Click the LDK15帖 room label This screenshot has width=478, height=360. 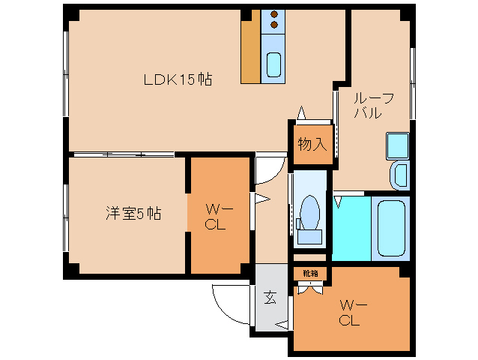pos(178,79)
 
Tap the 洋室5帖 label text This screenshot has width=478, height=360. pos(133,213)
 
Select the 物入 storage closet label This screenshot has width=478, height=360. pos(312,144)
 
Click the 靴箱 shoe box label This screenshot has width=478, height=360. pos(310,273)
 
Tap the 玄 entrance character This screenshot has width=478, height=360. pos(269,297)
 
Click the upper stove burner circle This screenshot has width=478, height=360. pos(273,13)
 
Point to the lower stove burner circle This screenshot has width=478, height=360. pos(273,25)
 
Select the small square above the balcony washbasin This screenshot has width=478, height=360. pos(396,144)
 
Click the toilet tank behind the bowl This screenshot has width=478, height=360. pos(309,238)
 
